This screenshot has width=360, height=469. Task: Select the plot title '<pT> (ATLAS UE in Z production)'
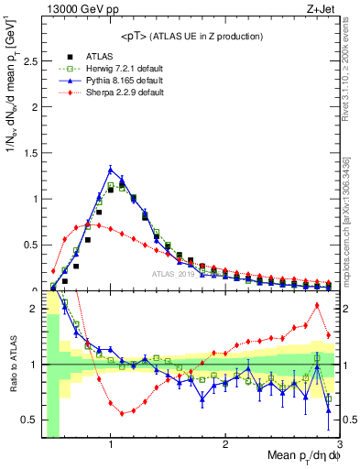tap(191, 36)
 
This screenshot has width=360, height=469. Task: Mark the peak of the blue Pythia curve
tap(111, 169)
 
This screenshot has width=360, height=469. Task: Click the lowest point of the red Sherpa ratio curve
tap(122, 413)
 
